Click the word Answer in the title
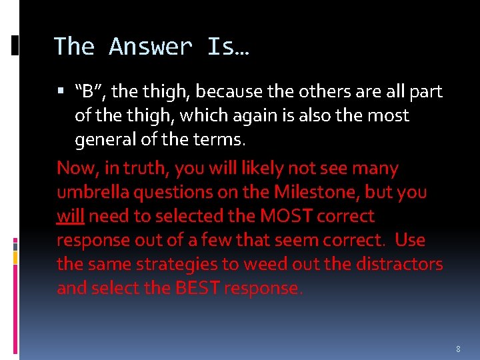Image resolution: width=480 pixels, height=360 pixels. coord(151,47)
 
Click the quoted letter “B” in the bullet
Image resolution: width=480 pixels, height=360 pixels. coord(89,91)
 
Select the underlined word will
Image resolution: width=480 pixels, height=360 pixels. coord(70,216)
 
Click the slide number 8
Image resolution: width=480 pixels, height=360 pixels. coord(458,349)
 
